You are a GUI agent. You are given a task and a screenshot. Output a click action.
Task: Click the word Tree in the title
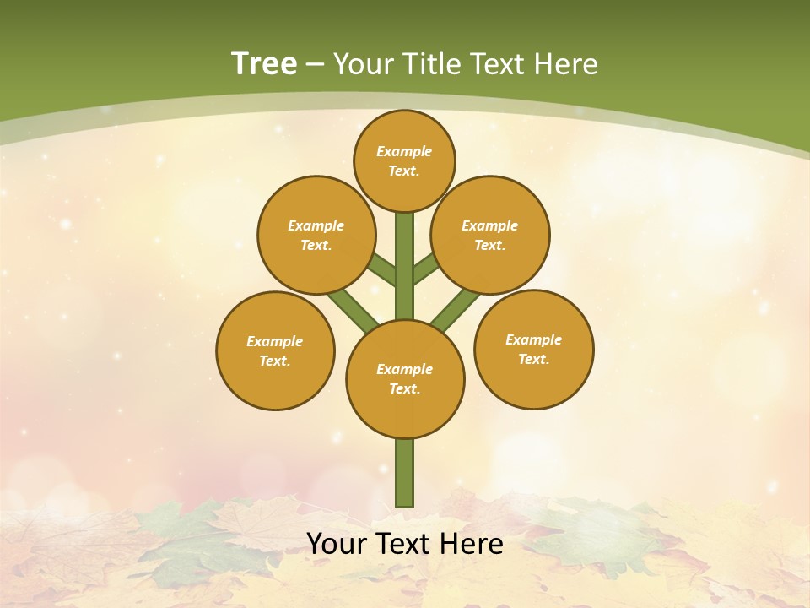click(x=264, y=63)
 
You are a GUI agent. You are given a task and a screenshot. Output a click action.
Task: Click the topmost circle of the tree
click(x=404, y=160)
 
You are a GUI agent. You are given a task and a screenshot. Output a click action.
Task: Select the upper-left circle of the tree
click(x=316, y=235)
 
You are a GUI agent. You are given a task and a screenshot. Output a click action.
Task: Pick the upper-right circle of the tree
click(x=490, y=235)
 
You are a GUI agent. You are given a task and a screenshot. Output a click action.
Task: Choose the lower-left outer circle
click(x=275, y=350)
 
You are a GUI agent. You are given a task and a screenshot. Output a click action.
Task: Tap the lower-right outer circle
click(x=533, y=349)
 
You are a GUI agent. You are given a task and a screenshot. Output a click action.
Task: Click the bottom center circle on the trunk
click(x=405, y=378)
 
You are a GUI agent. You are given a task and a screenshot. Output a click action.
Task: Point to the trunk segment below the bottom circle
click(x=405, y=473)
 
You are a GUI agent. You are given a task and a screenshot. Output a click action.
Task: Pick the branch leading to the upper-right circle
click(x=425, y=271)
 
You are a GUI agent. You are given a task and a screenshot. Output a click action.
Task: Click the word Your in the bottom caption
click(x=336, y=544)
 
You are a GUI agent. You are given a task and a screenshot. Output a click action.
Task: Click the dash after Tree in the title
click(x=316, y=64)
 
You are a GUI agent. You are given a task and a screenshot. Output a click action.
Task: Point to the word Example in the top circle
click(x=404, y=151)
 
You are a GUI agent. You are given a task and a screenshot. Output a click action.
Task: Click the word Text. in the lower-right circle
click(x=533, y=359)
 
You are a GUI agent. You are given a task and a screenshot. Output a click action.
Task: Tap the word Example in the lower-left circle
click(x=274, y=341)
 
